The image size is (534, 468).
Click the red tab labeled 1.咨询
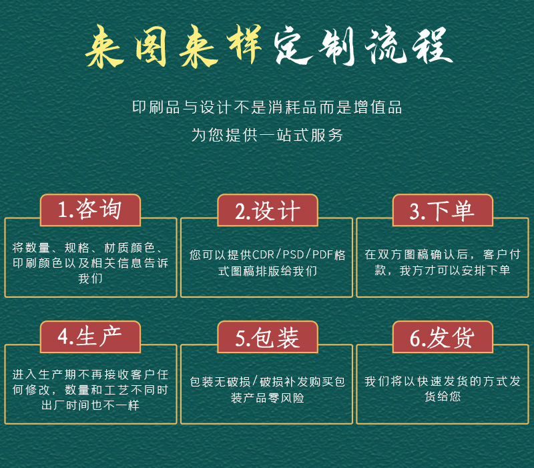pos(90,210)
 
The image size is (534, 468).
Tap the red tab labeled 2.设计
pos(268,210)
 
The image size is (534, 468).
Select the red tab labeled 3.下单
pos(443,210)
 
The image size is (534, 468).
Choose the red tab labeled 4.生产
pos(90,336)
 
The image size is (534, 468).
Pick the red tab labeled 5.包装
pos(268,336)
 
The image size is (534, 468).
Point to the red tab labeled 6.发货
pos(443,336)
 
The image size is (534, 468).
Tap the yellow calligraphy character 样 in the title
pos(244,44)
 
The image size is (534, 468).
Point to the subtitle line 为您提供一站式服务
pos(266,136)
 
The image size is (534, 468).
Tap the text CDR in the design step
pos(263,255)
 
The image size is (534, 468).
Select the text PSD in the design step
pos(293,255)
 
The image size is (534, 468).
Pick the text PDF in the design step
pos(322,255)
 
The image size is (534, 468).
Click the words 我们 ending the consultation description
pos(90,278)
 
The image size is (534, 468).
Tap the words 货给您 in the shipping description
pos(443,396)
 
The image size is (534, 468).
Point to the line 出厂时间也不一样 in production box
pos(90,405)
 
